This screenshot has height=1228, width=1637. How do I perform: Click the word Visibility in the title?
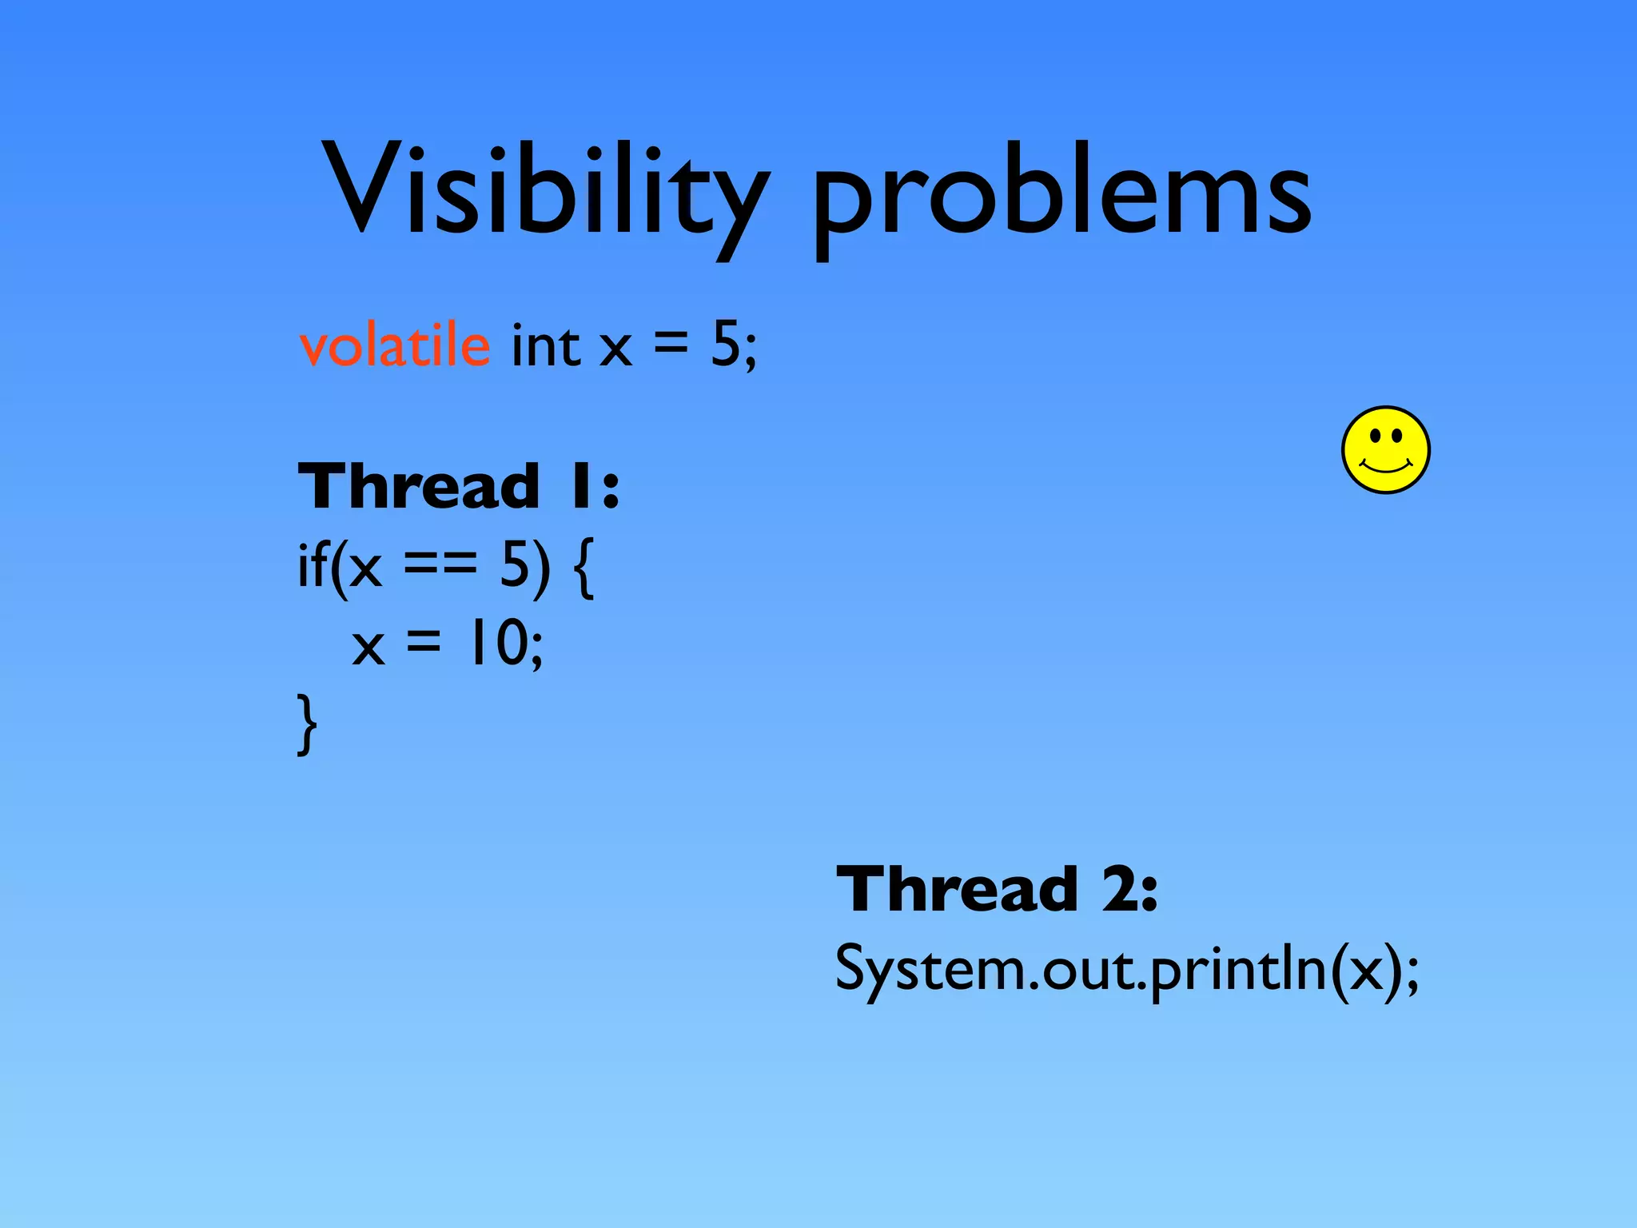544,192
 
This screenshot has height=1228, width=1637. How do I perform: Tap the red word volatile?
395,345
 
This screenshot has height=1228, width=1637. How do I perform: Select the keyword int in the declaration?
546,345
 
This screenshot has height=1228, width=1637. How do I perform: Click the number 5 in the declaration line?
726,345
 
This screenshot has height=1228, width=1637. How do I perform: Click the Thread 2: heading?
997,889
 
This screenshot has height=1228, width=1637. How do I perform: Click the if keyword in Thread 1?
311,564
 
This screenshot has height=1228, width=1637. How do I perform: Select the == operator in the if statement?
440,564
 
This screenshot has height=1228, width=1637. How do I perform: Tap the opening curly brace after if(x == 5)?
584,568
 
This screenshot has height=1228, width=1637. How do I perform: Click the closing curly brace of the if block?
307,724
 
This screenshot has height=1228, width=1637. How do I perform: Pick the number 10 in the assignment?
499,643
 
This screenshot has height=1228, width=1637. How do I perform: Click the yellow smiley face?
1386,450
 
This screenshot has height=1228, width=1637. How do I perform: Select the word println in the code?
1239,969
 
